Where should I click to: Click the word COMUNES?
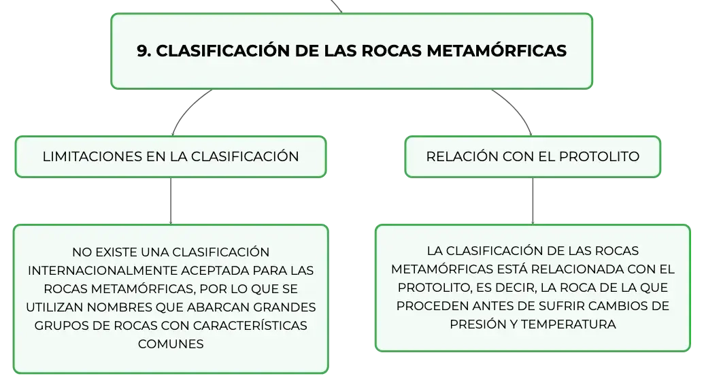[x=171, y=344]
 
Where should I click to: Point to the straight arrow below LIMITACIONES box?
[x=171, y=201]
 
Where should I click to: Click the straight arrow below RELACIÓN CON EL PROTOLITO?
[x=533, y=201]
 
